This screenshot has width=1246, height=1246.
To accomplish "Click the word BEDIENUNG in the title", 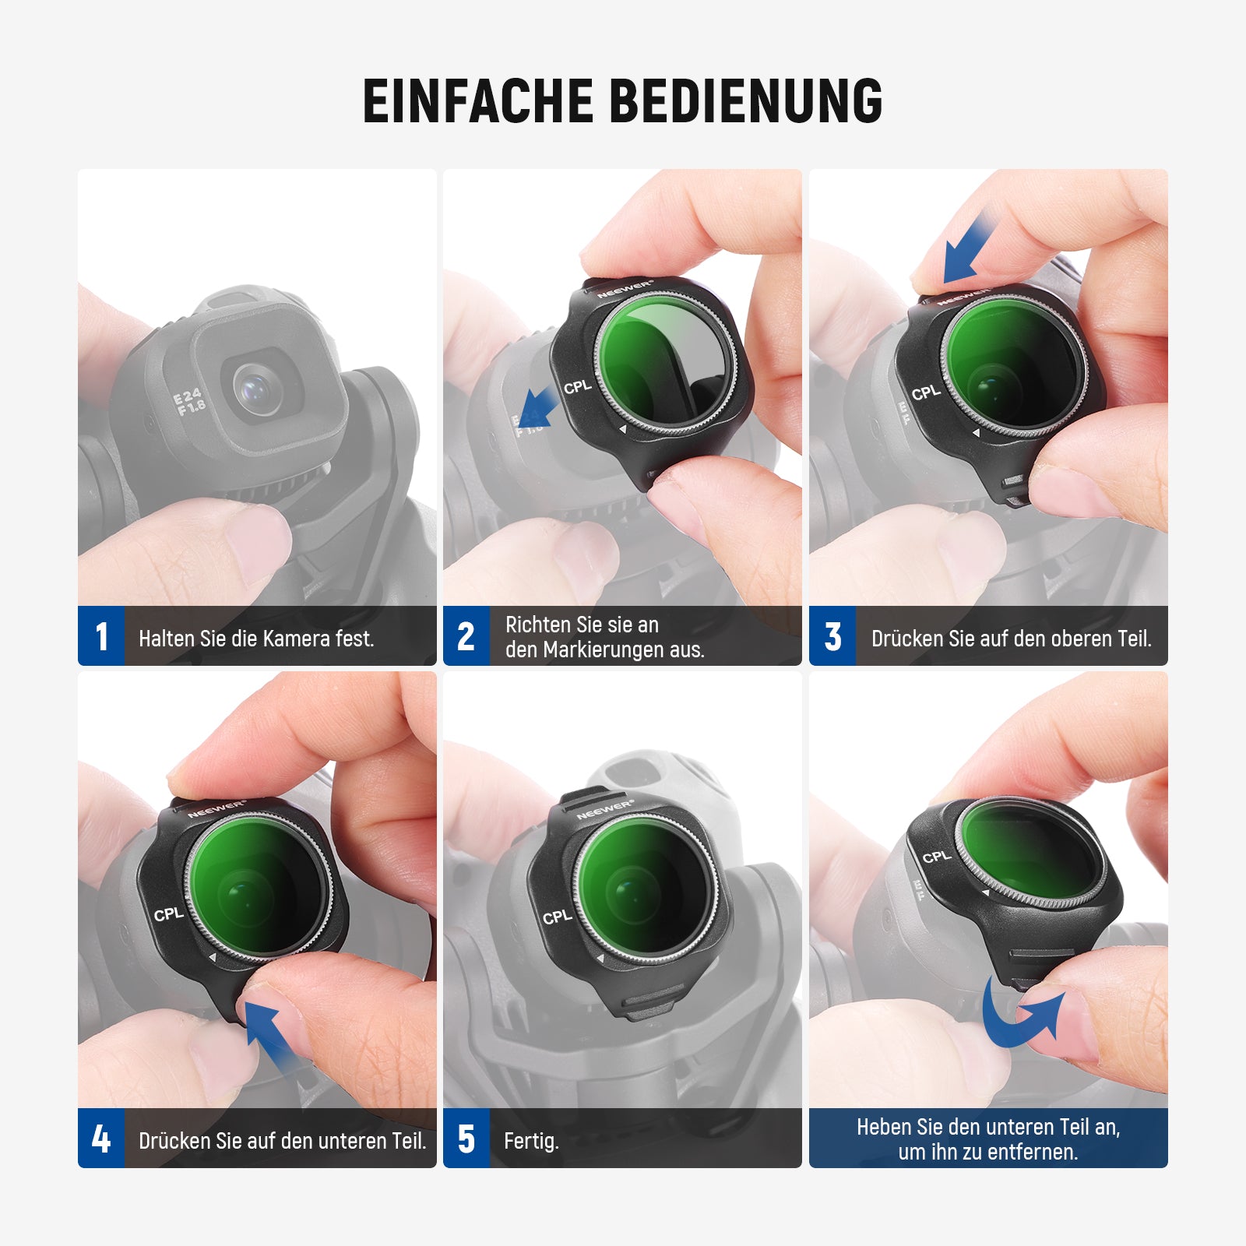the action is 745,100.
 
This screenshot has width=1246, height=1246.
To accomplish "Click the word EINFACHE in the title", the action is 478,100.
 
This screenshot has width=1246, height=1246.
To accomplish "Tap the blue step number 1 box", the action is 101,635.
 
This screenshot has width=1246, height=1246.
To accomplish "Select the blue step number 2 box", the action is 466,635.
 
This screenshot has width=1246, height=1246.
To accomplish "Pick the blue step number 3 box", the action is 832,635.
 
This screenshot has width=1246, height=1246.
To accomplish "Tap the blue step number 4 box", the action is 101,1138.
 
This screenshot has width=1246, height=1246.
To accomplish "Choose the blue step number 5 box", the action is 466,1138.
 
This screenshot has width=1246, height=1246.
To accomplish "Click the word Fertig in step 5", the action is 530,1142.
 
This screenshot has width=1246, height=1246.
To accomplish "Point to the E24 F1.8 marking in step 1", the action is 189,402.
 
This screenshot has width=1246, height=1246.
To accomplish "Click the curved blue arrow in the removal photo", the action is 1022,1013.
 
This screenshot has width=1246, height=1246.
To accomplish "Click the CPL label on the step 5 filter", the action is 558,917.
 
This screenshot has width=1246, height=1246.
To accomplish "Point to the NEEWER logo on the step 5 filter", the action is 605,810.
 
